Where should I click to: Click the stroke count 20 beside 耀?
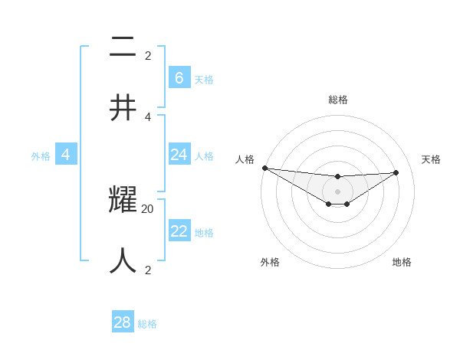pyautogui.click(x=148, y=208)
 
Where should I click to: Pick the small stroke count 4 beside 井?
pyautogui.click(x=148, y=116)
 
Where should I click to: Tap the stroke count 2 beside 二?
pyautogui.click(x=148, y=55)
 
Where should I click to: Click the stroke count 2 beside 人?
pyautogui.click(x=148, y=270)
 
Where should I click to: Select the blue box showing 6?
pyautogui.click(x=179, y=78)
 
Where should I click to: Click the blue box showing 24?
pyautogui.click(x=179, y=155)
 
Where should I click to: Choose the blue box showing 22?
pyautogui.click(x=179, y=231)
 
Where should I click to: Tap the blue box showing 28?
pyautogui.click(x=123, y=322)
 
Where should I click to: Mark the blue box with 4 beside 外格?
pyautogui.click(x=66, y=155)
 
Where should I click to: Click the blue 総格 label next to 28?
pyautogui.click(x=147, y=324)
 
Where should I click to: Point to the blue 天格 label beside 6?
pyautogui.click(x=204, y=80)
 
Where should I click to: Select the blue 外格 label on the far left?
pyautogui.click(x=41, y=156)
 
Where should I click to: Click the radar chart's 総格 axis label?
pyautogui.click(x=337, y=100)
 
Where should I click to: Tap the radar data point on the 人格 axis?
pyautogui.click(x=264, y=168)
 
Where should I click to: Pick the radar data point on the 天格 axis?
pyautogui.click(x=396, y=172)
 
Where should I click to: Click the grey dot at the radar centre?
pyautogui.click(x=337, y=191)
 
